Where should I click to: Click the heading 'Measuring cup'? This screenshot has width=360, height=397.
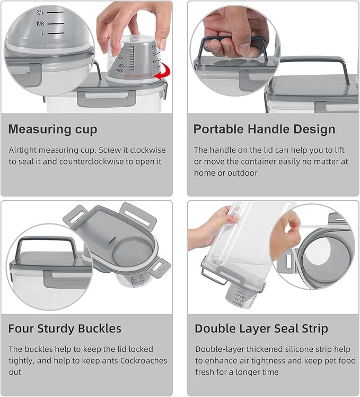tap(53, 130)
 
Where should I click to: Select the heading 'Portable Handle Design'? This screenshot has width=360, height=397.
tap(264, 130)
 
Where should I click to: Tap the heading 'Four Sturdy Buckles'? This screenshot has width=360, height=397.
tap(65, 329)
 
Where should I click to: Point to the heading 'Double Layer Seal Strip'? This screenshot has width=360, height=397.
tap(261, 329)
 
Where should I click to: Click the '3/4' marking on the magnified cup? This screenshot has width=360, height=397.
tap(39, 23)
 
